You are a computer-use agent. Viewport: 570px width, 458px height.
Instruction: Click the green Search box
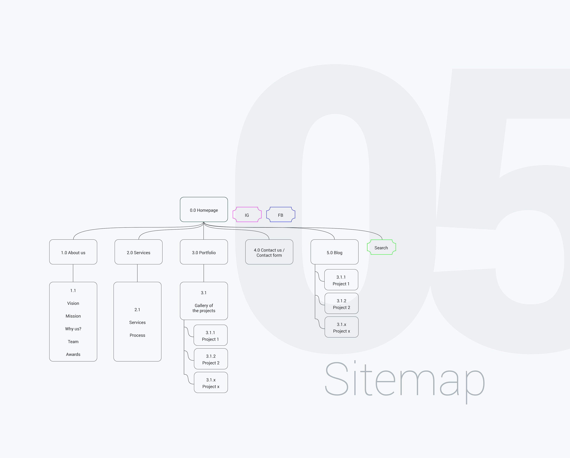pos(381,247)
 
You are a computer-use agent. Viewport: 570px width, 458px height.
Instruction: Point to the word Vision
pos(73,303)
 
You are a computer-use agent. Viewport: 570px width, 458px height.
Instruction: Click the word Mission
pos(73,316)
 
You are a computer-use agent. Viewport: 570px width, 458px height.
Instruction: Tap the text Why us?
pos(73,328)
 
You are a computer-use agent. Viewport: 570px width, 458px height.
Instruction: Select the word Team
pos(73,341)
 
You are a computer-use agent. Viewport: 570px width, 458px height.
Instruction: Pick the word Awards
pos(73,354)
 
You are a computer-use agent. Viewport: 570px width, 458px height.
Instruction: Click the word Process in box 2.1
pos(137,335)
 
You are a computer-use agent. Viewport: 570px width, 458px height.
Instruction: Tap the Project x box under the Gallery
pos(211,382)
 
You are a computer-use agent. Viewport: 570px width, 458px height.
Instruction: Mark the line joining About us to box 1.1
pos(73,273)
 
